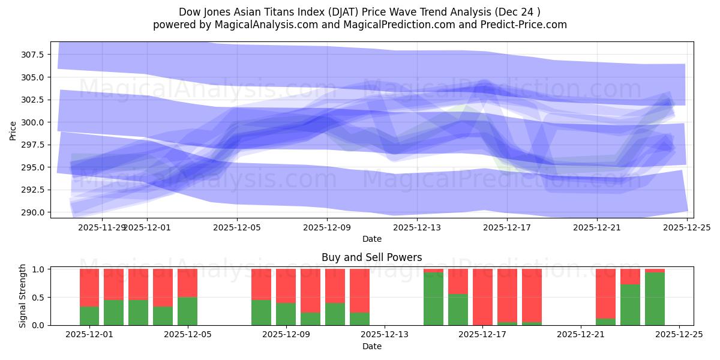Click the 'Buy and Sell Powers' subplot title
[x=371, y=257]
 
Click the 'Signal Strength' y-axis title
[x=23, y=296]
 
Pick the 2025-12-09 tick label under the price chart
[x=327, y=227]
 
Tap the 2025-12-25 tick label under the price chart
[x=687, y=227]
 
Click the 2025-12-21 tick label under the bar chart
[x=581, y=335]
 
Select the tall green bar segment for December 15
[x=433, y=299]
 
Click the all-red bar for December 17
[x=482, y=297]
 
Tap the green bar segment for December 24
[x=655, y=299]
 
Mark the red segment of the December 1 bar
[x=89, y=287]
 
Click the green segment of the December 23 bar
[x=630, y=305]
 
